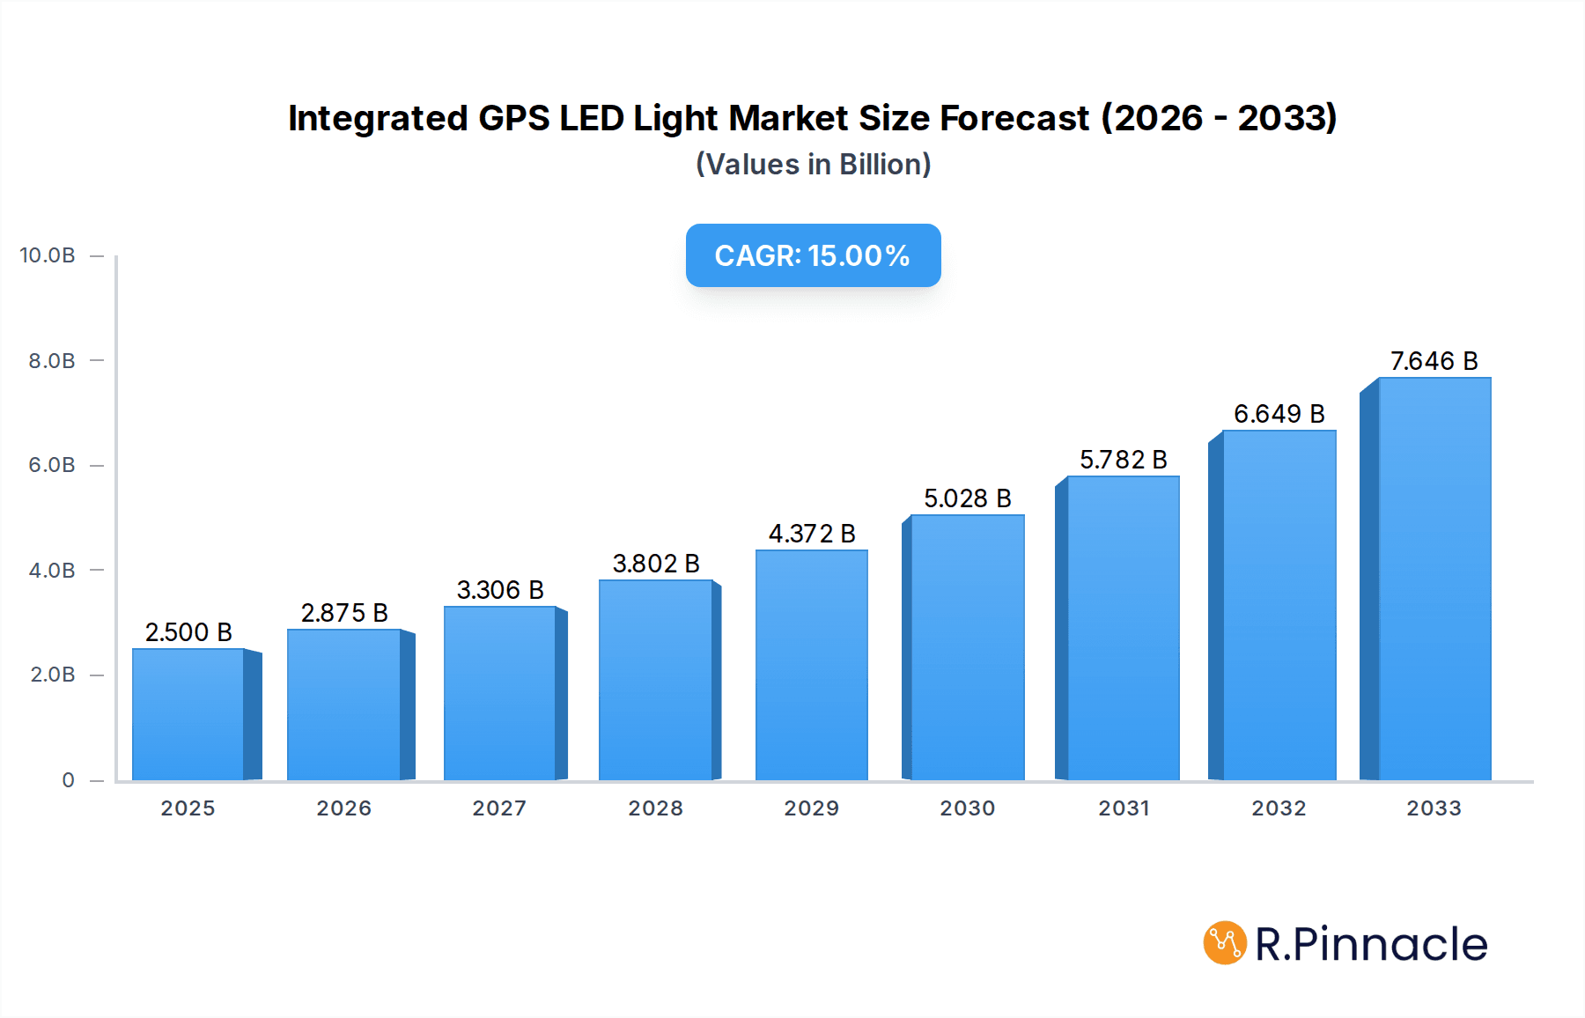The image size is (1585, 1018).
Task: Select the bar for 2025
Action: click(188, 714)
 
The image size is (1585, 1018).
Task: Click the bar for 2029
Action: click(811, 665)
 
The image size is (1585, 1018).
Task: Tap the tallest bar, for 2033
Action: click(1434, 579)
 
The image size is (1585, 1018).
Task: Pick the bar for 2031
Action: click(1122, 628)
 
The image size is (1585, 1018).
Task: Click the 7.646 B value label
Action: click(1434, 361)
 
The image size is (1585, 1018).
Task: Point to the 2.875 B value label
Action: click(344, 613)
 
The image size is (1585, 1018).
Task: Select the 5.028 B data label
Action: click(967, 498)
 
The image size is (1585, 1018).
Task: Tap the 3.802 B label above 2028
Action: click(656, 564)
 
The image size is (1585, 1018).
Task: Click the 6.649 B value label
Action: click(1279, 414)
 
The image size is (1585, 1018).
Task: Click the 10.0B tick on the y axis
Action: click(48, 255)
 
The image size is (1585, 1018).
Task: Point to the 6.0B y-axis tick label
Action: click(52, 465)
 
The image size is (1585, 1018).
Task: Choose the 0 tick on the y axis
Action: click(68, 780)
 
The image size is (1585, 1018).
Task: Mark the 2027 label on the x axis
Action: click(499, 808)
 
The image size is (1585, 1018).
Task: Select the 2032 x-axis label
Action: click(1279, 808)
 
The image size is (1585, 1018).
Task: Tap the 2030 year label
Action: click(967, 808)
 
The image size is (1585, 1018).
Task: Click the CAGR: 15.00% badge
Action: click(813, 255)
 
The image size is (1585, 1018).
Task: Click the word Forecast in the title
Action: click(1014, 118)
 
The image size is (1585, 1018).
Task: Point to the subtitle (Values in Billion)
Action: click(813, 165)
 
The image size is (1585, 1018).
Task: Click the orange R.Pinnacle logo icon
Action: click(1225, 943)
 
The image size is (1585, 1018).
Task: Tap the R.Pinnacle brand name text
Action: click(1370, 944)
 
